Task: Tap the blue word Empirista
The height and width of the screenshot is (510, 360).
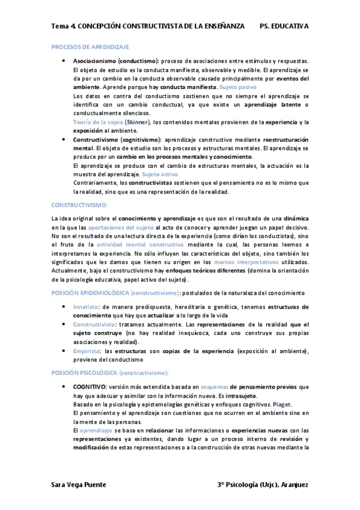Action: (x=86, y=351)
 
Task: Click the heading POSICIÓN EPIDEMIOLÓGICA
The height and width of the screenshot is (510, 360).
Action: (x=90, y=292)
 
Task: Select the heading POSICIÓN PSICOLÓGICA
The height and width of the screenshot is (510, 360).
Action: (x=84, y=373)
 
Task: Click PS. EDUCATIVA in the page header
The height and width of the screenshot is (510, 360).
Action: (x=284, y=26)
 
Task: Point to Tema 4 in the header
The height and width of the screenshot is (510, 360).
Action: (x=63, y=26)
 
